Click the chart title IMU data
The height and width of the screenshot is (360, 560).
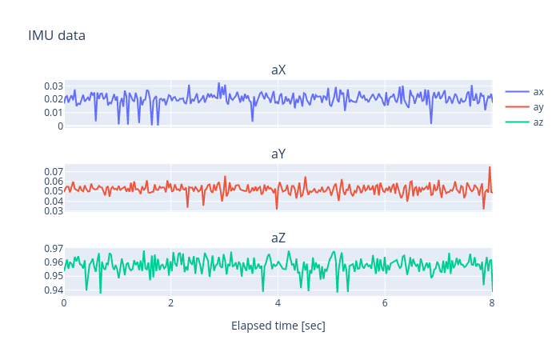[x=56, y=35]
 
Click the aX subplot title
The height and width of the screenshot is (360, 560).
[x=278, y=70]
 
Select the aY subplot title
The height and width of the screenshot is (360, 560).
[x=278, y=154]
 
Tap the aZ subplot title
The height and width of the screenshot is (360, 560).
[x=278, y=238]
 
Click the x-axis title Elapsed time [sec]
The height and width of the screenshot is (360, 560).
[x=278, y=326]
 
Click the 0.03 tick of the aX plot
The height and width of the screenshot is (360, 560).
[x=53, y=86]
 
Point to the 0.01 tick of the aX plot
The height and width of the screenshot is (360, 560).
[x=53, y=113]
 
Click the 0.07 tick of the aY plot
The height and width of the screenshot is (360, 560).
[x=53, y=172]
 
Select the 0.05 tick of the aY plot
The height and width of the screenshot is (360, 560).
[x=53, y=191]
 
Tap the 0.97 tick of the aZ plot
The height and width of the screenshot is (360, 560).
[x=53, y=249]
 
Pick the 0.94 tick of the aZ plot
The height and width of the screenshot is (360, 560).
[x=53, y=290]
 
